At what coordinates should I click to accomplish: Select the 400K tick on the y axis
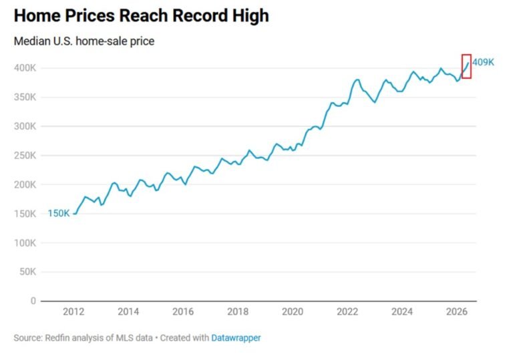[25, 68]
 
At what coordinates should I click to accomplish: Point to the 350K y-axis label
[25, 98]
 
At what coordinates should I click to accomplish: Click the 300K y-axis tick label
[25, 126]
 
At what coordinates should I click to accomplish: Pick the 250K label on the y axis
[25, 156]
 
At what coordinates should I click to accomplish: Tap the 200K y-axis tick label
[25, 184]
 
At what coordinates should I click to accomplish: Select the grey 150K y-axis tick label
[25, 214]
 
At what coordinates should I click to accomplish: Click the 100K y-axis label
[25, 243]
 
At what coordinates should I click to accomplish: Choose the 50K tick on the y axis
[27, 272]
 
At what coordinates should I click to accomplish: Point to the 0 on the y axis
[33, 301]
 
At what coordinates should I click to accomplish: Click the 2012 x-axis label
[73, 311]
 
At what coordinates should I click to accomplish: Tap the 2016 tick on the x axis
[183, 311]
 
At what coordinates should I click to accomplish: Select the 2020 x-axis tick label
[293, 311]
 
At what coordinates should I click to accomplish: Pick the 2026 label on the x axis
[457, 311]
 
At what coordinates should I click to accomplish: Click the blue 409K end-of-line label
[483, 62]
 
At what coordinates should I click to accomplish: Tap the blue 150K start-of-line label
[59, 213]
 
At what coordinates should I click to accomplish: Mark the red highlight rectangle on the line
[462, 66]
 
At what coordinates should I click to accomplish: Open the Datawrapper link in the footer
[236, 338]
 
